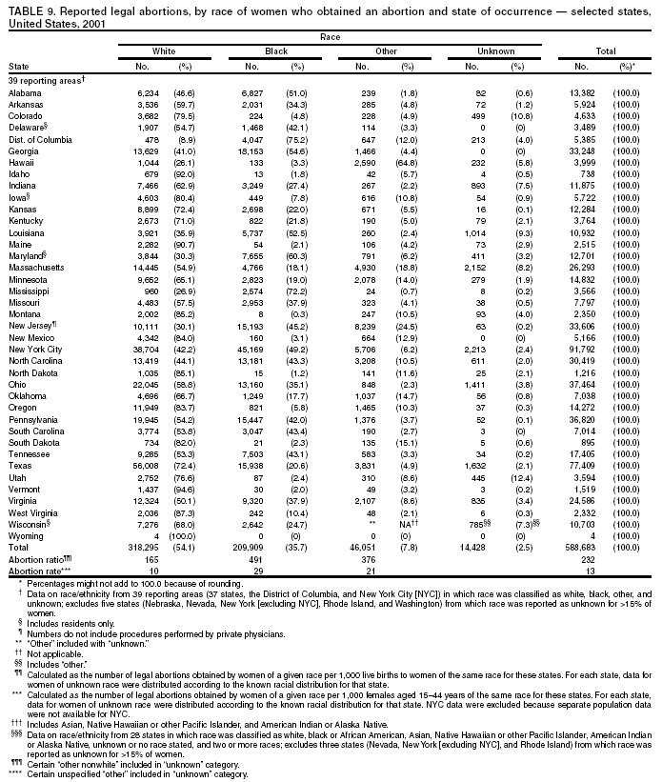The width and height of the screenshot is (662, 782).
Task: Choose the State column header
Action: (x=17, y=67)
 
